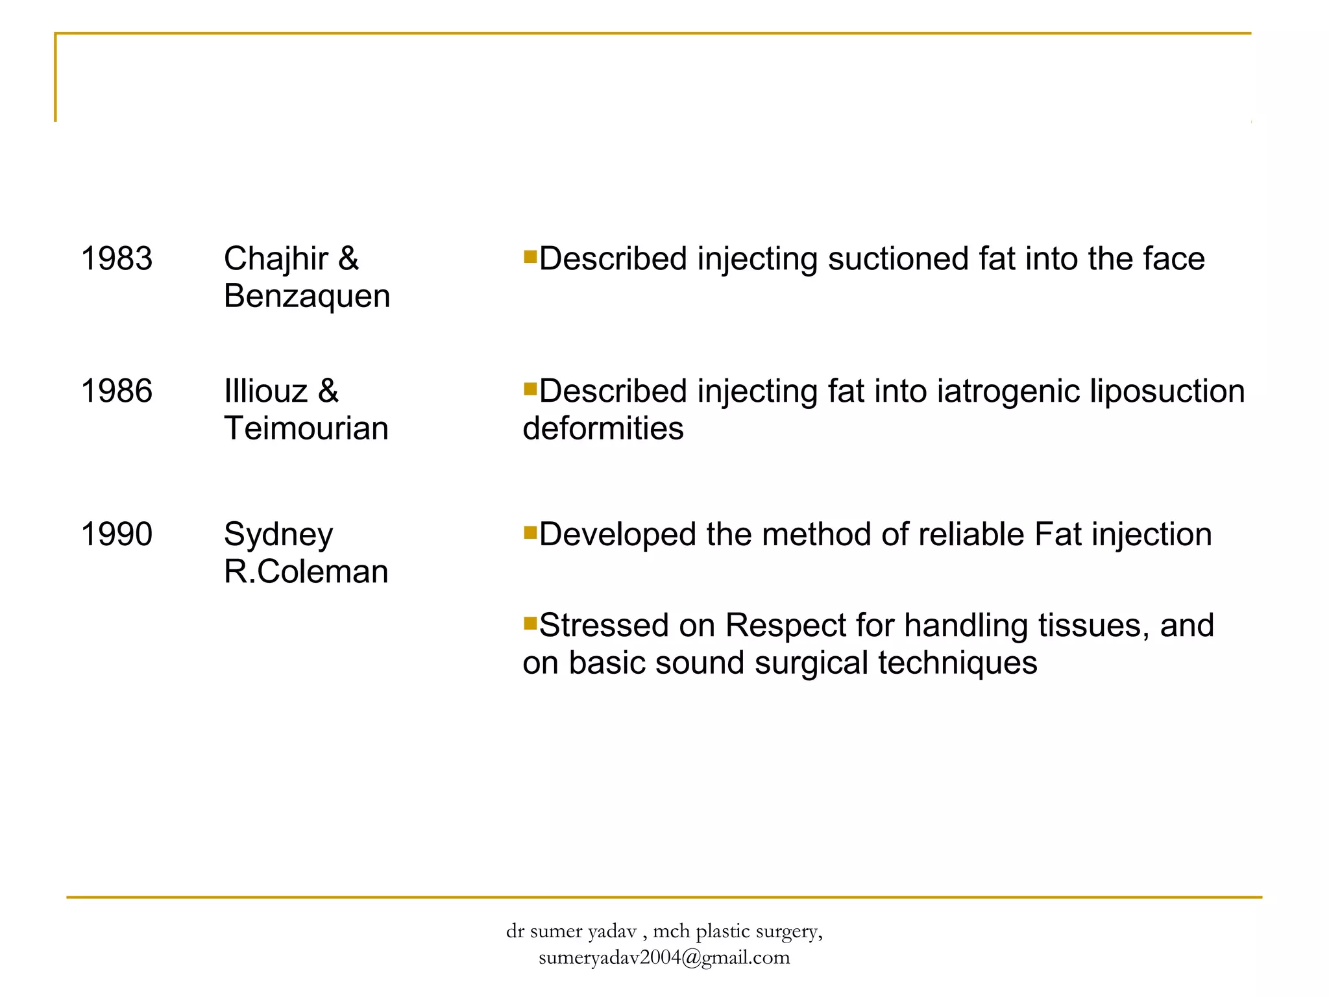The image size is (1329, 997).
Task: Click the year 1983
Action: [116, 258]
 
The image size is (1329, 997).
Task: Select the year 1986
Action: [116, 391]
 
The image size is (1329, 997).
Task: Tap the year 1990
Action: [116, 534]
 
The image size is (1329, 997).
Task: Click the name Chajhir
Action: [276, 258]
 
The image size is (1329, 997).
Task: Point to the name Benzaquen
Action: [306, 296]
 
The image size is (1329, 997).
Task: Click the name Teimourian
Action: [306, 428]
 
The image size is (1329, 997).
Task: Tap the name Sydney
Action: [278, 535]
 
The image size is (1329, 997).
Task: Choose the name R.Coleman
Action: [306, 572]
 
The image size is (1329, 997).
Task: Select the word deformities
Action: [603, 428]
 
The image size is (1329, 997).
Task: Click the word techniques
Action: [957, 663]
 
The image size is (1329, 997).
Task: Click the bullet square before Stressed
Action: [530, 624]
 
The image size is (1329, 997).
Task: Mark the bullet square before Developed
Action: [530, 533]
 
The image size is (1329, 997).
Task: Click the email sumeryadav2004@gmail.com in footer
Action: [664, 957]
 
